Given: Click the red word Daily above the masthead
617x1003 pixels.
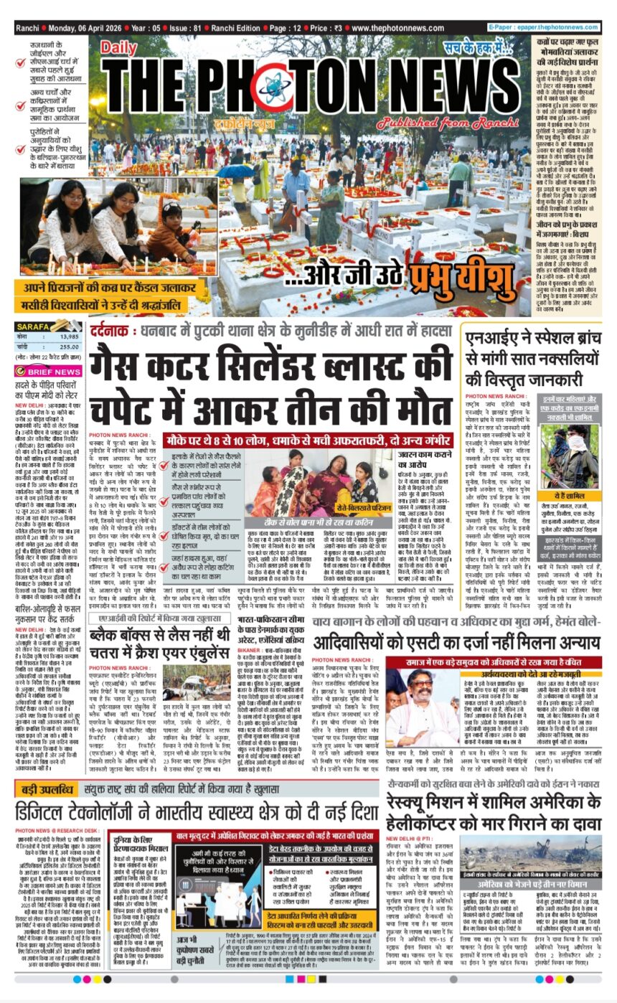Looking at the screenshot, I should [x=118, y=48].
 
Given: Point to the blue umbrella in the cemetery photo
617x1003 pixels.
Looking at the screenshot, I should [x=237, y=172].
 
